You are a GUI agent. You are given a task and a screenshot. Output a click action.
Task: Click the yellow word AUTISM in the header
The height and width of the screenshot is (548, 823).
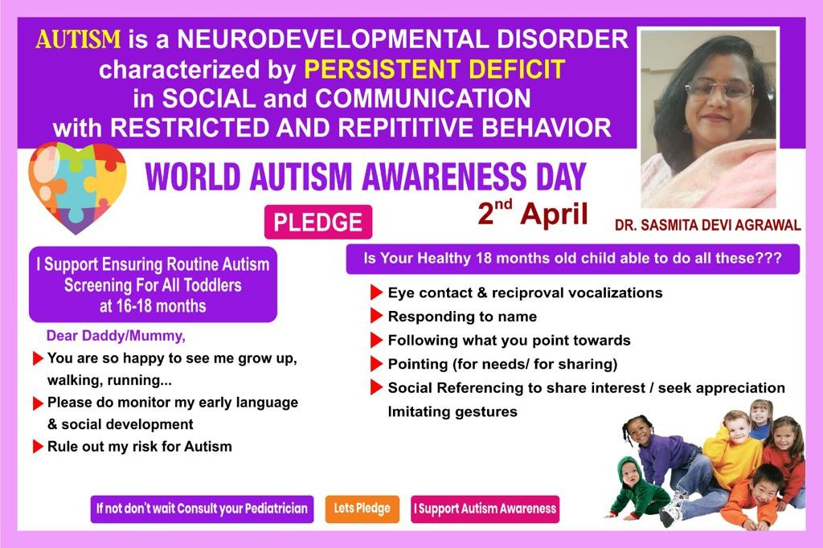(78, 39)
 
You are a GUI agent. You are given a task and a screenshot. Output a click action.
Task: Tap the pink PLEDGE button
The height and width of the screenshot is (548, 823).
(318, 222)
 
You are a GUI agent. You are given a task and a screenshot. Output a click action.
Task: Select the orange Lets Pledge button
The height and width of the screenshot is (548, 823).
(362, 509)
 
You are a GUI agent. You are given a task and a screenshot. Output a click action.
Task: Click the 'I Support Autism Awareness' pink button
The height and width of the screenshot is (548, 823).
(485, 509)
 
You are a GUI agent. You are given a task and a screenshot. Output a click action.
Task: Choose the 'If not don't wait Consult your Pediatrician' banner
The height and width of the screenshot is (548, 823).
(202, 509)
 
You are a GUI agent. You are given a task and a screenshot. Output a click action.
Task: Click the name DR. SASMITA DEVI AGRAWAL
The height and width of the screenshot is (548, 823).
(707, 225)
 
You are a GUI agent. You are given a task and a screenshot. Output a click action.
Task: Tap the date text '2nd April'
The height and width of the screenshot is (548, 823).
(533, 213)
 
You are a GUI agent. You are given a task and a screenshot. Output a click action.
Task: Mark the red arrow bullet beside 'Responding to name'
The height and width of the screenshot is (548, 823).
(376, 316)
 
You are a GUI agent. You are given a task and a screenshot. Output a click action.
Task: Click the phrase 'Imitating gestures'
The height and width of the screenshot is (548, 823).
(452, 411)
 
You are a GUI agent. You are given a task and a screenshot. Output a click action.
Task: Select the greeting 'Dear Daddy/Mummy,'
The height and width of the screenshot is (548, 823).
(116, 336)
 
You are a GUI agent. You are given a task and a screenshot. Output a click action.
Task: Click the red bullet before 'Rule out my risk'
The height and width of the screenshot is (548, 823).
(38, 447)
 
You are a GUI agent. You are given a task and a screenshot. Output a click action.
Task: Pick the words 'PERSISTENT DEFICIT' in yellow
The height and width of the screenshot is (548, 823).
(435, 69)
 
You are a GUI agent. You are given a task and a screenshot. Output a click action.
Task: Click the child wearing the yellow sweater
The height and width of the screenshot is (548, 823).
(732, 446)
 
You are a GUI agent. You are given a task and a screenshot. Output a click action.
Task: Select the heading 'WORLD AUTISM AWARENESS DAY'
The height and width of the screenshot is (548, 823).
(366, 176)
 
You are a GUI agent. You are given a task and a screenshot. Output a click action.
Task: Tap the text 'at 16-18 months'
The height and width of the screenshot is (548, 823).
(153, 306)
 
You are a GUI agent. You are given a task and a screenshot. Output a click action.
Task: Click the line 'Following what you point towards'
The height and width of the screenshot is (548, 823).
(509, 340)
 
